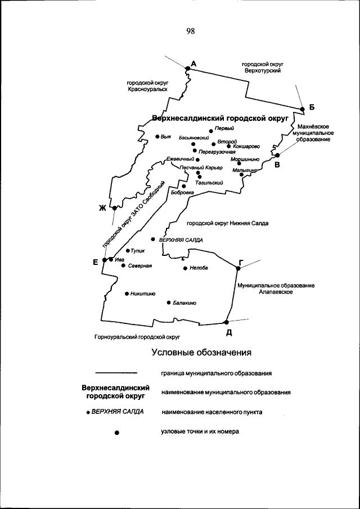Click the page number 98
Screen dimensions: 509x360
point(190,31)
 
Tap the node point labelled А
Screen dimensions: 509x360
point(188,69)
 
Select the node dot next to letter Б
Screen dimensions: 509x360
point(302,109)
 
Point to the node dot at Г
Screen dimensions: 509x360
point(238,268)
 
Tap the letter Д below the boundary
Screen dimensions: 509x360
point(229,332)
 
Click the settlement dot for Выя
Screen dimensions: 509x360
point(157,136)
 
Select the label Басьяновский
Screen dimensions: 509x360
point(194,138)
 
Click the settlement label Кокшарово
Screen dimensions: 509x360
point(246,146)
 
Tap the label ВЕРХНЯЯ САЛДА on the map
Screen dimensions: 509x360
point(181,239)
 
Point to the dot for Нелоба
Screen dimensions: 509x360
point(185,268)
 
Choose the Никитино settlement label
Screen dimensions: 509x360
point(142,293)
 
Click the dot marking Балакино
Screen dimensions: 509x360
point(169,303)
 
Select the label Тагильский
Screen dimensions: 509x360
point(209,183)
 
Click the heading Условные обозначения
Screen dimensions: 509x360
point(201,353)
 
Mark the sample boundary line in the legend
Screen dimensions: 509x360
point(116,373)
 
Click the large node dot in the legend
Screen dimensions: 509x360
point(116,433)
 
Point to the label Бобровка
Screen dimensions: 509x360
point(182,192)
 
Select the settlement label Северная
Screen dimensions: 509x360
point(141,265)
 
